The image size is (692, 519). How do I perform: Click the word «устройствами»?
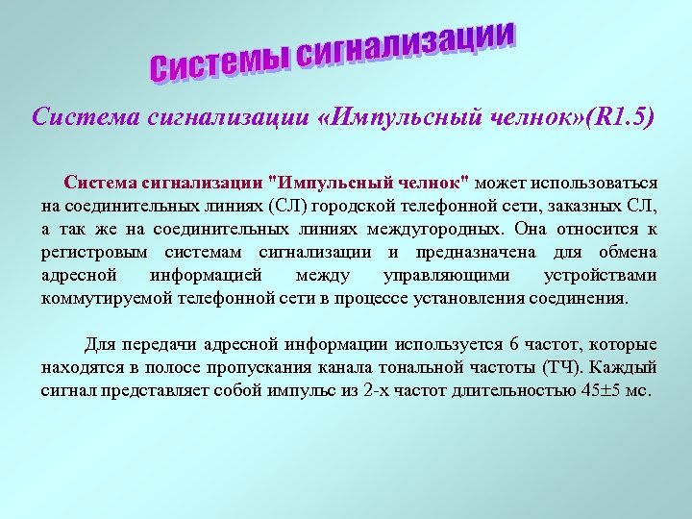pos(601,275)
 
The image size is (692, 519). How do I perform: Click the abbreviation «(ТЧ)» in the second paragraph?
pos(560,367)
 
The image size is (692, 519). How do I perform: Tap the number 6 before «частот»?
pos(515,344)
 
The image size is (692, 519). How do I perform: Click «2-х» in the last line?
pos(382,390)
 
